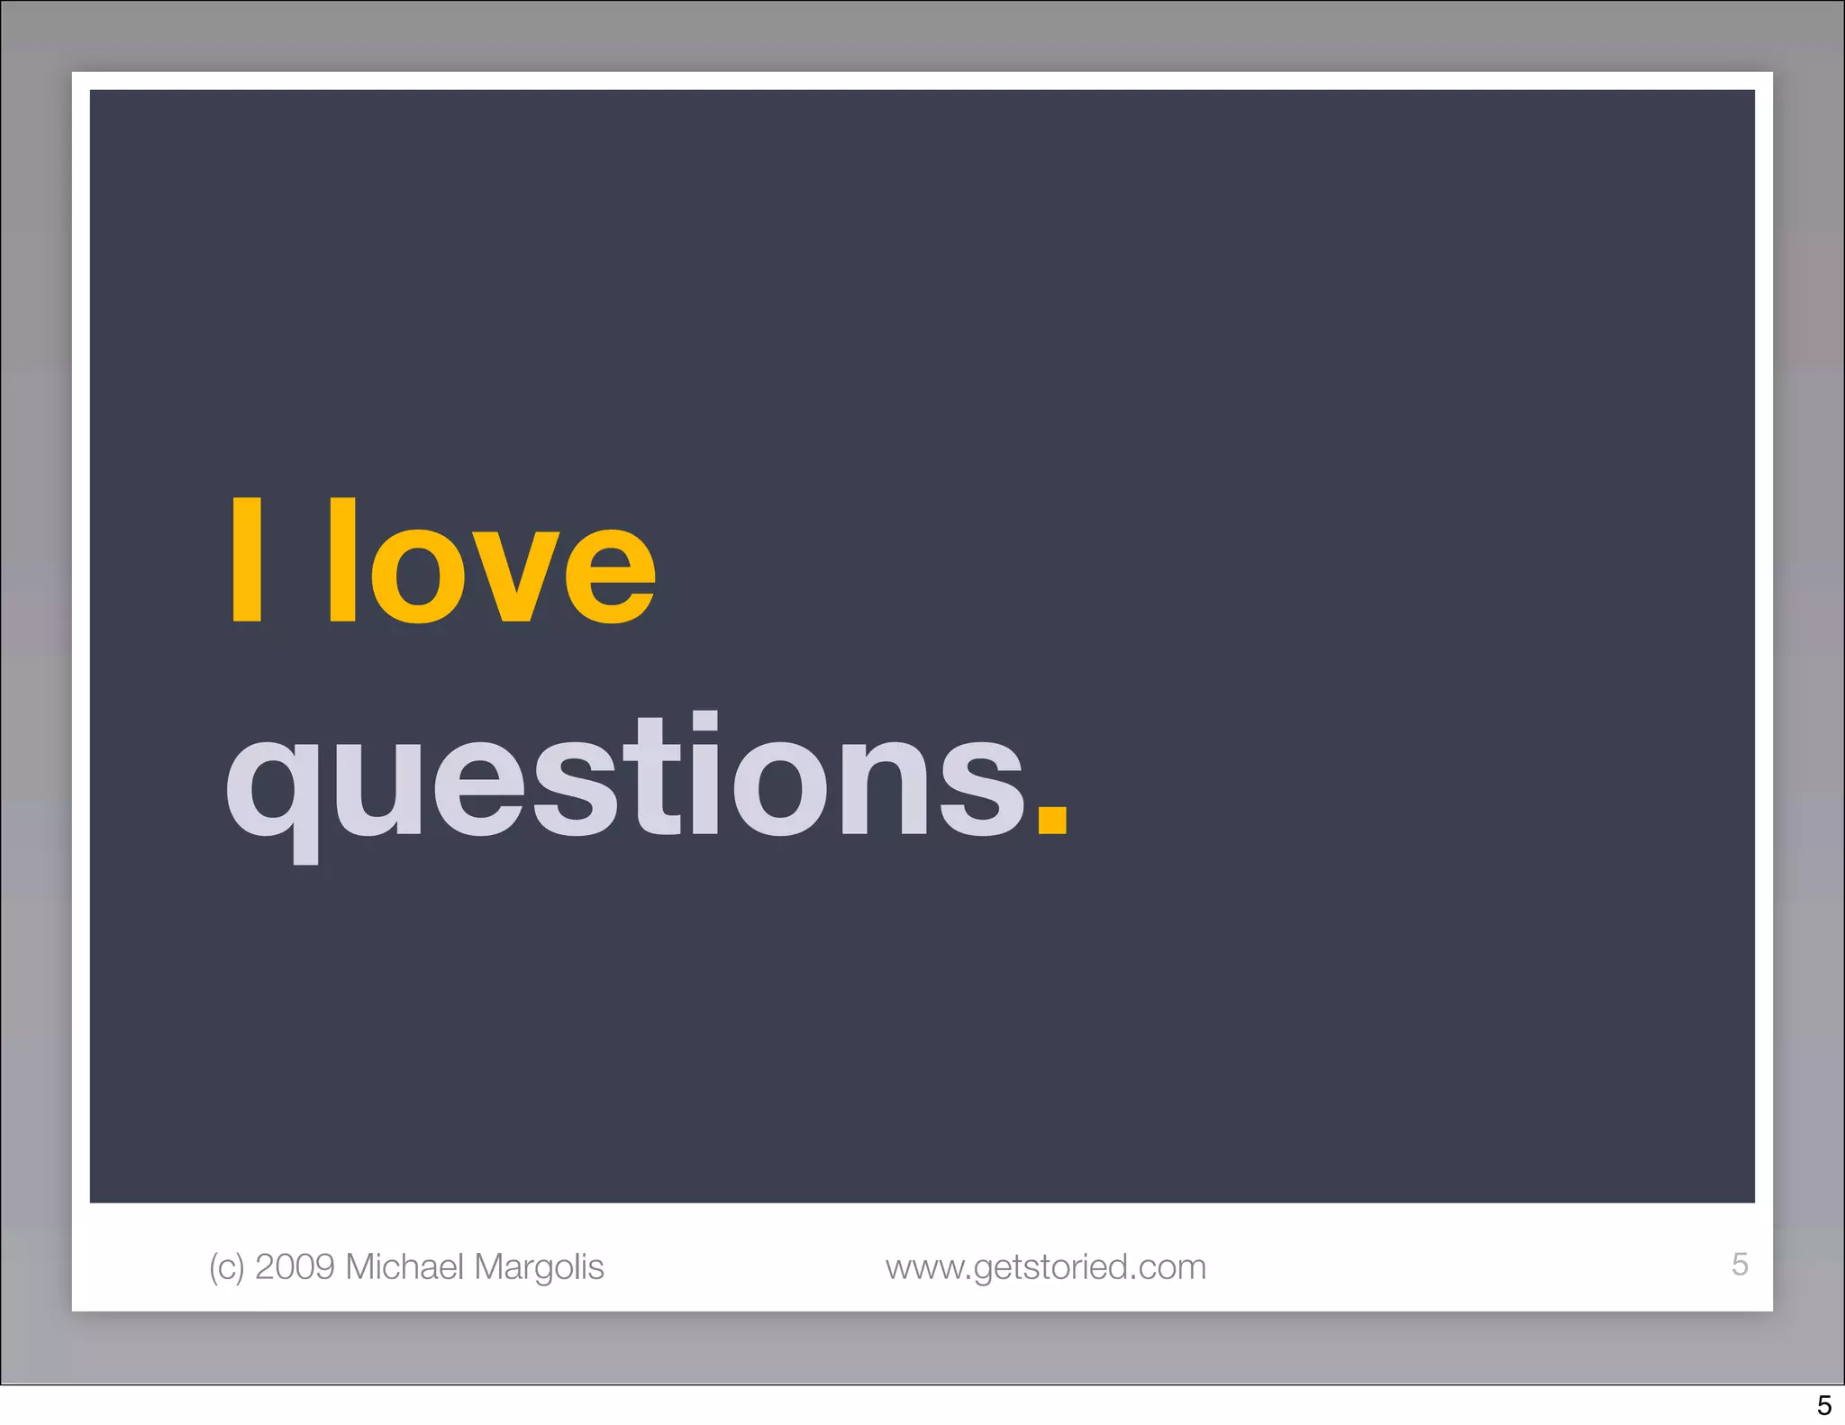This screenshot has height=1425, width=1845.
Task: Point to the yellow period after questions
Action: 1051,821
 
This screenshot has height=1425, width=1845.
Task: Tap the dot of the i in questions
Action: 704,722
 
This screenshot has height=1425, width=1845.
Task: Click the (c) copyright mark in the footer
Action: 226,1267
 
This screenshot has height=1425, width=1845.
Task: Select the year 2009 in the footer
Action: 295,1266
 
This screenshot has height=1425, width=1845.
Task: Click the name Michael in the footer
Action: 404,1266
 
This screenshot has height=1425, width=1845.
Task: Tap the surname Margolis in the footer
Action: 539,1267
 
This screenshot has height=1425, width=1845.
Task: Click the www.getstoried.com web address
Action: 1045,1267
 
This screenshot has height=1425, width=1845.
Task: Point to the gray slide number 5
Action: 1740,1264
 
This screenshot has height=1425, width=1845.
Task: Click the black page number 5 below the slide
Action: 1823,1405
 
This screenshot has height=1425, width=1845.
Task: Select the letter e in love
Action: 609,576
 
